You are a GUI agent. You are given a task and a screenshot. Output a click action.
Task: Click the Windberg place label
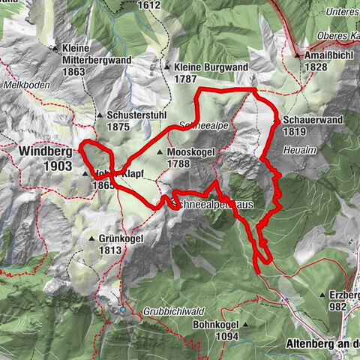[40, 151]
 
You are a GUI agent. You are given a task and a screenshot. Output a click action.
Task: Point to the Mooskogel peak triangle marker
[160, 152]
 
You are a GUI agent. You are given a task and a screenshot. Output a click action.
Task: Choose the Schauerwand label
[307, 119]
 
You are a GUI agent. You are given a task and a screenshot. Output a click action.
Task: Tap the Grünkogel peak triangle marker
[91, 239]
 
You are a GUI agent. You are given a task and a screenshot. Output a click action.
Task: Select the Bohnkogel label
[215, 325]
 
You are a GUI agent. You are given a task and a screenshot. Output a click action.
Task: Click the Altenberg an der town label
[322, 344]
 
